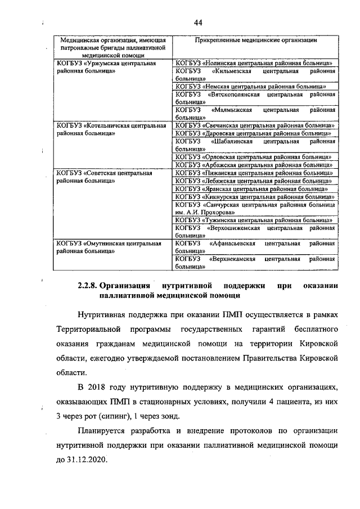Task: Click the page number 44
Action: pyautogui.click(x=198, y=22)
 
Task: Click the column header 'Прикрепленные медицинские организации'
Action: pyautogui.click(x=254, y=41)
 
